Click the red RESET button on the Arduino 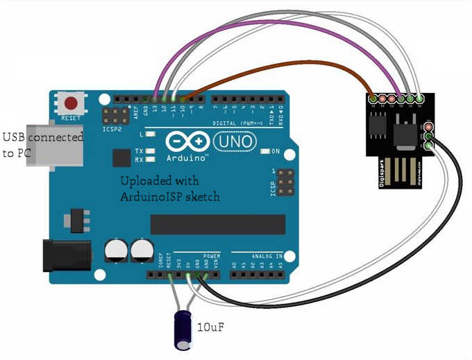point(71,104)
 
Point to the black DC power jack point(67,255)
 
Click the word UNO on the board point(229,142)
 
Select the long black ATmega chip point(218,224)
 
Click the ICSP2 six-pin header point(115,117)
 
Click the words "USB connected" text point(44,137)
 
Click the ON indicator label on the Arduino point(275,151)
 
